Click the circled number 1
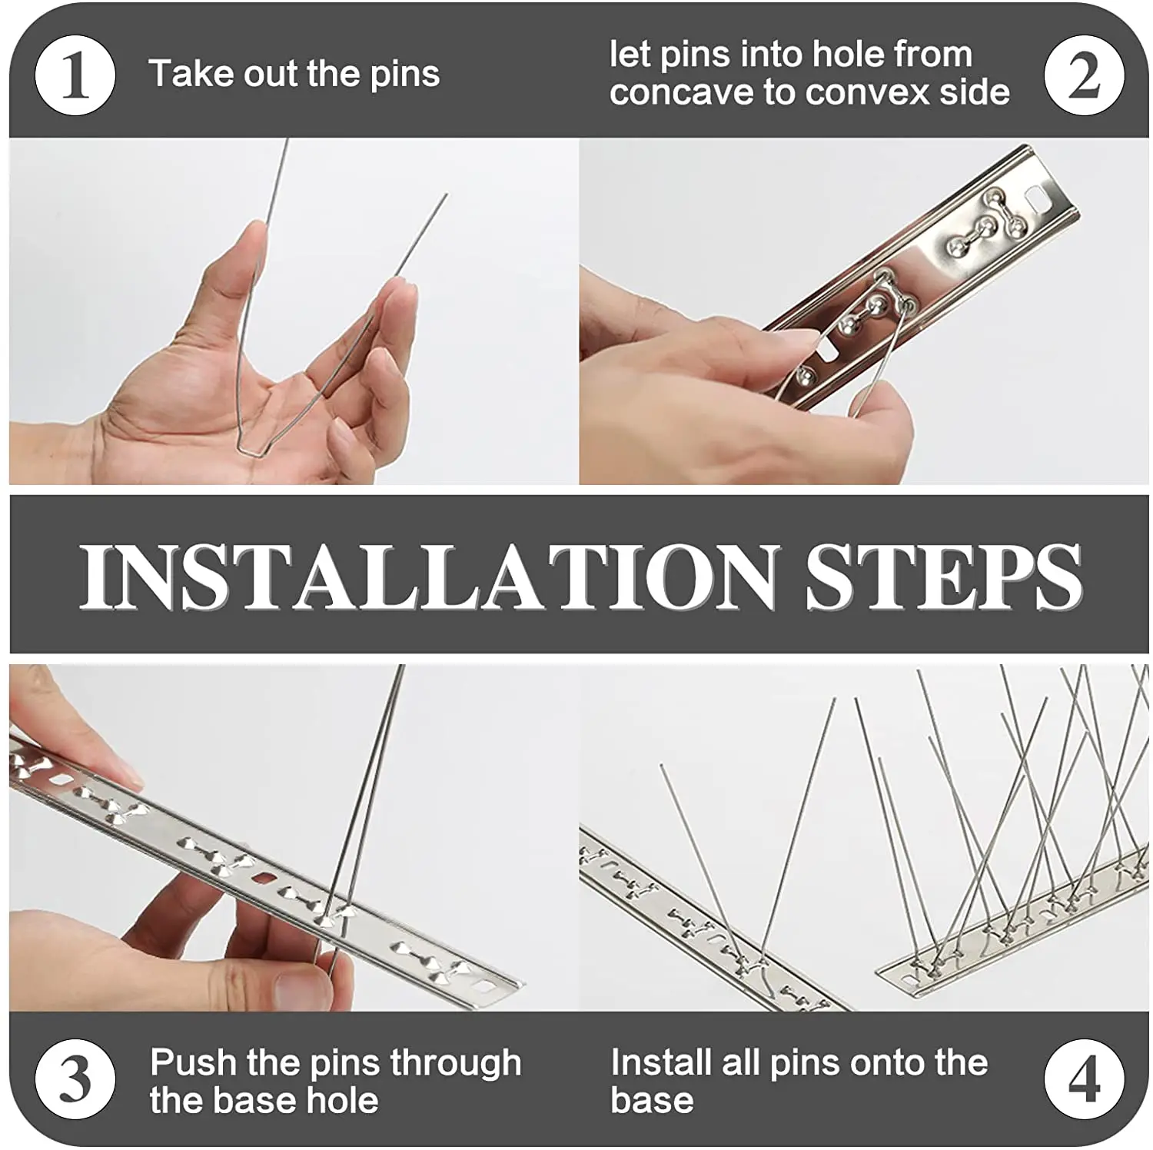click(x=75, y=76)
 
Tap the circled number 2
click(x=1084, y=76)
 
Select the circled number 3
click(x=75, y=1079)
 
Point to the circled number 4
click(x=1084, y=1079)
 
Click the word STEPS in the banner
click(x=944, y=576)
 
